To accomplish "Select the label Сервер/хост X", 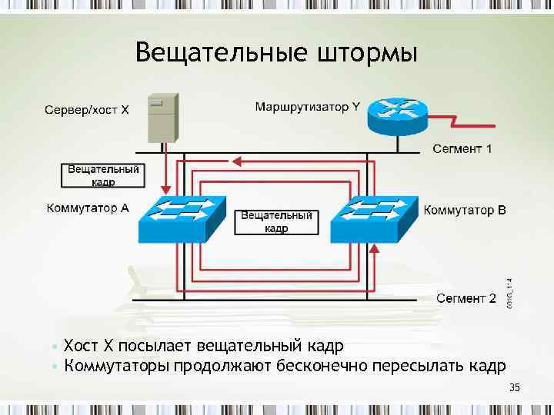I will pyautogui.click(x=86, y=110).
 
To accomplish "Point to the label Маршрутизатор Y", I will pyautogui.click(x=307, y=107).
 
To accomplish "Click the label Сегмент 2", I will pyautogui.click(x=466, y=297).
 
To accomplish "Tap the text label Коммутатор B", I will pyautogui.click(x=466, y=209).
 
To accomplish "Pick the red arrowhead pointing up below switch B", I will pyautogui.click(x=375, y=248).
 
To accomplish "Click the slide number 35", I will pyautogui.click(x=515, y=388).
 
